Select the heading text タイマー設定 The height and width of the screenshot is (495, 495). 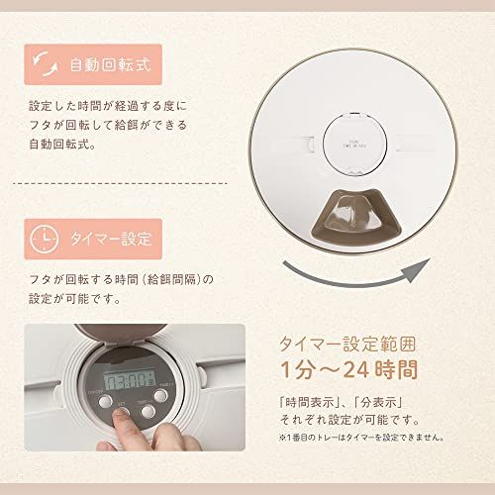[x=111, y=239]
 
